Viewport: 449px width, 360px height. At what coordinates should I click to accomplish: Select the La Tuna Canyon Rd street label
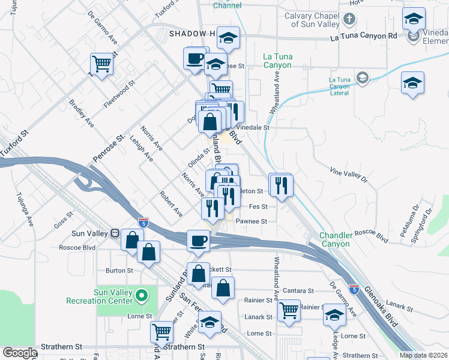pos(364,37)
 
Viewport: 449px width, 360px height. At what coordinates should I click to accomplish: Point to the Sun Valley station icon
pos(114,233)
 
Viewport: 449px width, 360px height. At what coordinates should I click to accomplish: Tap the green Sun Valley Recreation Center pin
pos(142,295)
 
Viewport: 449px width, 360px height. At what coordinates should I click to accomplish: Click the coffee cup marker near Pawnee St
pos(198,241)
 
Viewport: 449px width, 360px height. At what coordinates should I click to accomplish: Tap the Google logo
pos(19,353)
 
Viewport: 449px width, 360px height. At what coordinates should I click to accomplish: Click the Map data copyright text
pos(423,355)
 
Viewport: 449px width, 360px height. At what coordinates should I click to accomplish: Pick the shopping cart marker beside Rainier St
pos(289,310)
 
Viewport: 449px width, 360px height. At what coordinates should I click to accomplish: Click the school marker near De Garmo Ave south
pos(334,314)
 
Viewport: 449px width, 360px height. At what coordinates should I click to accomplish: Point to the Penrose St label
pos(108,148)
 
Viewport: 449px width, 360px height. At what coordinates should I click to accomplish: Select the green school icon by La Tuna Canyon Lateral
pos(362,77)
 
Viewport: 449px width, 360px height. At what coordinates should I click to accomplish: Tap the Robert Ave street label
pos(170,204)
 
